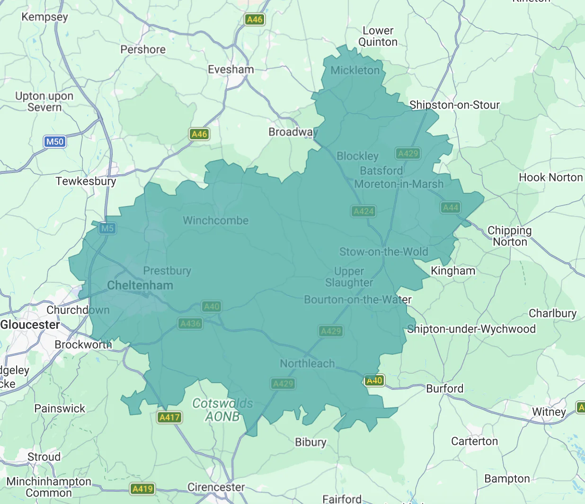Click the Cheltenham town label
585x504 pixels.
pos(140,285)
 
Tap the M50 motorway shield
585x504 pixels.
pos(55,141)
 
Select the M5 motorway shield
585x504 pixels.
pos(107,228)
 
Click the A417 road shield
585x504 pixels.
pos(169,417)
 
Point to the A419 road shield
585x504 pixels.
pos(142,489)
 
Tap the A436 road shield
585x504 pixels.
pos(191,324)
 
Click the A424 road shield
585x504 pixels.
pos(363,211)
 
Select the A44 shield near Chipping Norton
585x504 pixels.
pos(451,207)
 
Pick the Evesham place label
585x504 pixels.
pos(231,70)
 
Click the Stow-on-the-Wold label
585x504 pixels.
pos(383,252)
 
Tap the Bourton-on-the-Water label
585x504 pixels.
pos(357,300)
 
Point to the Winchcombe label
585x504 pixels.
pos(215,220)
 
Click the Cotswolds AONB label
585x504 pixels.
pos(222,410)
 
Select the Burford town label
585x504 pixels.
pos(444,389)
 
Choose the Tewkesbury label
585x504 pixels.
pos(86,181)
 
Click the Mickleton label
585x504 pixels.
pos(355,71)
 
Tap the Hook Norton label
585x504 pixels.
pos(550,178)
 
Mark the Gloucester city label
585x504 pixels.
pos(30,325)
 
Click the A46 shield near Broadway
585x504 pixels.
pos(199,134)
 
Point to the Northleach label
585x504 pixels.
pos(307,363)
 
